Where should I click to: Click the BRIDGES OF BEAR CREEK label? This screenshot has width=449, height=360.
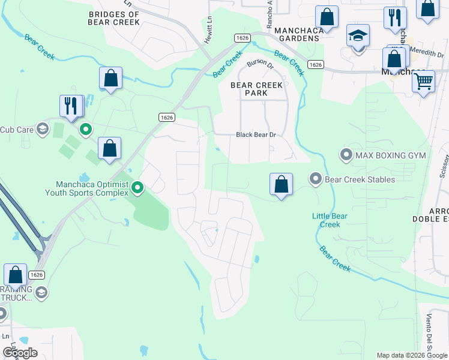coord(113,18)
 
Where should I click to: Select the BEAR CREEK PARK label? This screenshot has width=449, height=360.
coord(257,89)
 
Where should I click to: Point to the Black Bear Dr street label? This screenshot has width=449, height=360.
coord(256,135)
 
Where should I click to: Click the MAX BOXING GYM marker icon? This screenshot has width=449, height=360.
coord(346,155)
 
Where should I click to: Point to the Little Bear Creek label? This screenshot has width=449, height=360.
coord(326,220)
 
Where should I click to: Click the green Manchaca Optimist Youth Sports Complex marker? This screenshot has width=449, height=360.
coord(137,188)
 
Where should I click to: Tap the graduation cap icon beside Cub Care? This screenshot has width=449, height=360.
coord(42,128)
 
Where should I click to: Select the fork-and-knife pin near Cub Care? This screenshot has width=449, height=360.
coord(71,106)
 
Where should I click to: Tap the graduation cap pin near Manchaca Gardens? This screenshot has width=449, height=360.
coord(358,35)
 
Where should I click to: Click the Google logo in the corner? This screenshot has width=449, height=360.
coord(20,353)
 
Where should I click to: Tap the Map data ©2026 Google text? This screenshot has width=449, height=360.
coord(412,355)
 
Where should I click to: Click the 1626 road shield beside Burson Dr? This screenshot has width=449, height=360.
coord(316,64)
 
